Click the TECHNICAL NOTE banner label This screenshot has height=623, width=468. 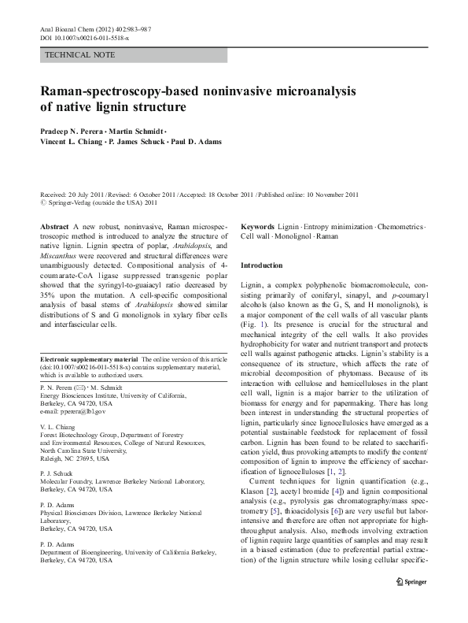80,55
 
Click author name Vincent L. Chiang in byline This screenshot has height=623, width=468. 71,142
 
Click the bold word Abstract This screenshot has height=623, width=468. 53,226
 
